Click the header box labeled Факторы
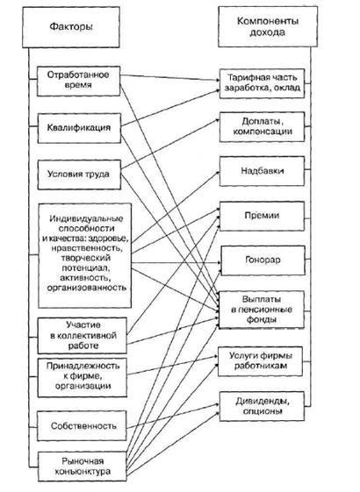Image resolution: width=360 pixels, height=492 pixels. pyautogui.click(x=71, y=27)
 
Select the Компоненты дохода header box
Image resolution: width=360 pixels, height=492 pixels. pyautogui.click(x=268, y=27)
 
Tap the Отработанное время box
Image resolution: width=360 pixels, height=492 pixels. pyautogui.click(x=78, y=81)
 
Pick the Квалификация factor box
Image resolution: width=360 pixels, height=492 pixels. pyautogui.click(x=79, y=128)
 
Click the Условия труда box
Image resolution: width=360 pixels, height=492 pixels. pyautogui.click(x=79, y=175)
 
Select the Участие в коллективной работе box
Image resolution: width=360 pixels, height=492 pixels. pyautogui.click(x=82, y=335)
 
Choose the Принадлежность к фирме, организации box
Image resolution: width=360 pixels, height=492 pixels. pyautogui.click(x=83, y=378)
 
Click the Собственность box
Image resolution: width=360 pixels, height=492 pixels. pyautogui.click(x=82, y=426)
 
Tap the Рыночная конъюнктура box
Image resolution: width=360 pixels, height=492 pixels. pyautogui.click(x=82, y=467)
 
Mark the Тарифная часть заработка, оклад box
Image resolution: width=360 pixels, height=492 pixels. pyautogui.click(x=262, y=83)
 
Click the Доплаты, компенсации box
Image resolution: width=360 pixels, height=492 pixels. pyautogui.click(x=262, y=127)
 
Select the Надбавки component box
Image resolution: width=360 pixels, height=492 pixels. pyautogui.click(x=262, y=171)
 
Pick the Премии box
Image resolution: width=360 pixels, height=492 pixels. pyautogui.click(x=262, y=217)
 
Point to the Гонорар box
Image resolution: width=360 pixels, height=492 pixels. pyautogui.click(x=263, y=260)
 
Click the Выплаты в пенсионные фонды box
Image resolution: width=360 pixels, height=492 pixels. pyautogui.click(x=262, y=310)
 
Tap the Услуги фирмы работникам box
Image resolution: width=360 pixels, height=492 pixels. pyautogui.click(x=260, y=361)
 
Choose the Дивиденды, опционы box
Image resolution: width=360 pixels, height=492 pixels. pyautogui.click(x=262, y=406)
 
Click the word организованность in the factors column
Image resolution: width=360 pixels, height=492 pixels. pyautogui.click(x=87, y=288)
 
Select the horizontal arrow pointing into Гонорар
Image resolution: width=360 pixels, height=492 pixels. pyautogui.click(x=176, y=262)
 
